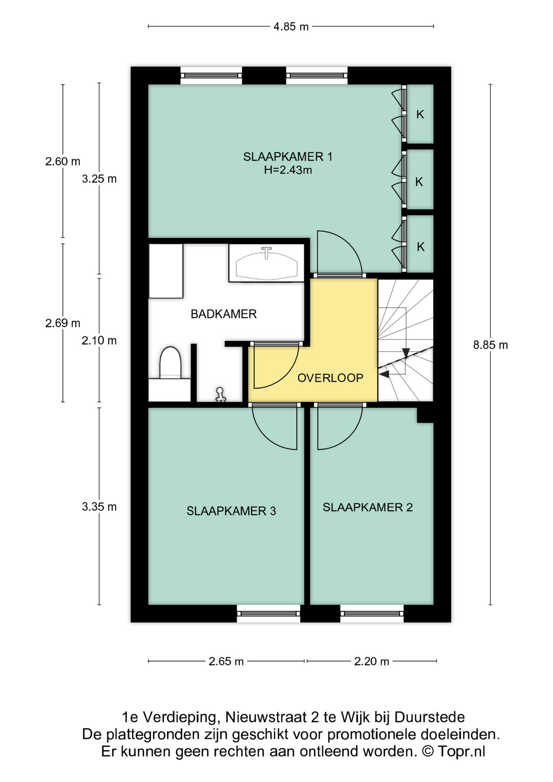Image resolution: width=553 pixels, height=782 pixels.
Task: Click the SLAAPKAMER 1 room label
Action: [x=288, y=156]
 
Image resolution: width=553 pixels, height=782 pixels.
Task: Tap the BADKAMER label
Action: [x=224, y=314]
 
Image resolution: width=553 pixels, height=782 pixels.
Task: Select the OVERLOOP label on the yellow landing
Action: [x=330, y=378]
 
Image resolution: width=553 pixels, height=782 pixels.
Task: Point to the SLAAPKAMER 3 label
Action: [x=231, y=511]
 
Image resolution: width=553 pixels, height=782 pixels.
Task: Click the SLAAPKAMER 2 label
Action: [x=368, y=507]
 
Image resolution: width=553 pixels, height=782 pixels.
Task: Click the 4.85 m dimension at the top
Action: [x=291, y=27]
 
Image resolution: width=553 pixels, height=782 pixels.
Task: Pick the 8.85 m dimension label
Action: [x=490, y=345]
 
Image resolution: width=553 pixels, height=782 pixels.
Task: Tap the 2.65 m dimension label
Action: [x=226, y=661]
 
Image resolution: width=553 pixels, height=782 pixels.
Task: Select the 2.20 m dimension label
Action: [x=371, y=661]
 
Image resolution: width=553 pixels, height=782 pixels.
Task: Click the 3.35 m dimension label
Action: [x=99, y=507]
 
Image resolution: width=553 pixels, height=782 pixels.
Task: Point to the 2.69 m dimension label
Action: [x=63, y=323]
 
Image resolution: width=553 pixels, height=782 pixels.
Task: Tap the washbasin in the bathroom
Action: [x=266, y=263]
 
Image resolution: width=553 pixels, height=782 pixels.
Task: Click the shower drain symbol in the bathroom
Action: [x=220, y=395]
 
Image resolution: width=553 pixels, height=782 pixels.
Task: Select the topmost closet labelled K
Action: [x=420, y=114]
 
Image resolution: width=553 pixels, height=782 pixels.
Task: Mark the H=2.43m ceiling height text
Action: [x=288, y=170]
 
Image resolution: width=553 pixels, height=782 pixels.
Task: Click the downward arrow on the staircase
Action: [x=406, y=354]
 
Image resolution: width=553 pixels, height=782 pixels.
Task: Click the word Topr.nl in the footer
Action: [x=461, y=751]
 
